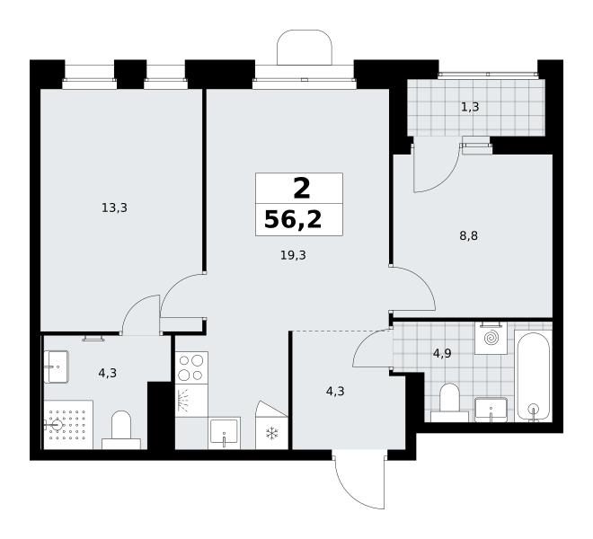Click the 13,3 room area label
point(114,208)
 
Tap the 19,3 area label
point(293,255)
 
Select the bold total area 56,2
point(293,220)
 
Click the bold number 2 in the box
point(302,189)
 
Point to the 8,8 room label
point(469,236)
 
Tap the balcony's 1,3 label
point(470,107)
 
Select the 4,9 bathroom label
point(442,354)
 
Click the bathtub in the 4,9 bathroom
point(534,376)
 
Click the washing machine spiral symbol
point(491,338)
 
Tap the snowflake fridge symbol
point(271,434)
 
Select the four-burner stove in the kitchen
point(191,367)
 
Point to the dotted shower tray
point(68,425)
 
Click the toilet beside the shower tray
point(121,430)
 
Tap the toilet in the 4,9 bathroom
point(449,402)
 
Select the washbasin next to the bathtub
point(491,410)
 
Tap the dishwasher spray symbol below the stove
point(184,400)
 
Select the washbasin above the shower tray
point(56,367)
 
